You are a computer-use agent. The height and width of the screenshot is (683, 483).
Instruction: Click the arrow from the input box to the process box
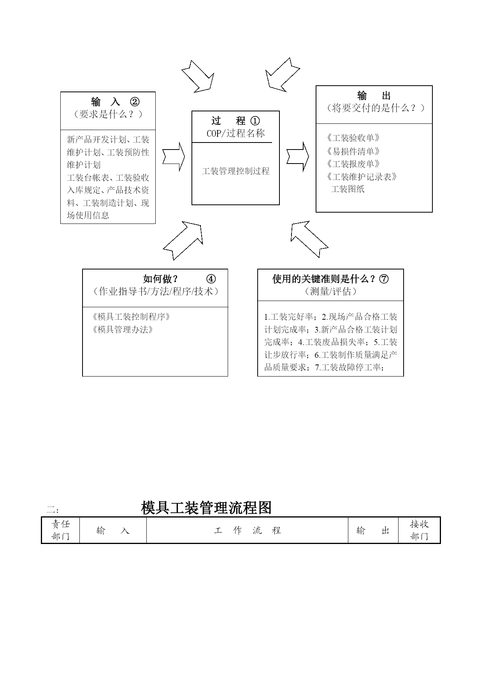(x=174, y=157)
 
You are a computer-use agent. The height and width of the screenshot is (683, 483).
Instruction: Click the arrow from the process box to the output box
(x=298, y=157)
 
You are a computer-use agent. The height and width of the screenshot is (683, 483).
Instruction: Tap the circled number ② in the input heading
(x=135, y=102)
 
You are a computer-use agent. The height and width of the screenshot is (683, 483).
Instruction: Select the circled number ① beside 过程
(x=255, y=121)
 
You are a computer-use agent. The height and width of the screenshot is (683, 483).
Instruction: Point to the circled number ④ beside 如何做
(x=211, y=279)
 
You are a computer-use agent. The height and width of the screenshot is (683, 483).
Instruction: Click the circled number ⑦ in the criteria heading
(x=384, y=279)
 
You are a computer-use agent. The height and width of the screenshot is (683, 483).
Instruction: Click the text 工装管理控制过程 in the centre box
(x=235, y=171)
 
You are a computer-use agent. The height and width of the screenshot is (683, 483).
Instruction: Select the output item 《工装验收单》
(x=353, y=138)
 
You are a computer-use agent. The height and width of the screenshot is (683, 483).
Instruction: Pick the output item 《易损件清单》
(x=353, y=151)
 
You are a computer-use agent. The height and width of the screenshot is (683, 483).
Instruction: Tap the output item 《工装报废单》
(x=353, y=164)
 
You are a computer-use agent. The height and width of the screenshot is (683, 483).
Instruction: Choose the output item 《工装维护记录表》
(x=362, y=177)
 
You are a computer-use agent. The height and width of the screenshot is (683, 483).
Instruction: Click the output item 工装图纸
(x=348, y=189)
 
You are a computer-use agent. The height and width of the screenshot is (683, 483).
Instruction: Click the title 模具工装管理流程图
(x=206, y=508)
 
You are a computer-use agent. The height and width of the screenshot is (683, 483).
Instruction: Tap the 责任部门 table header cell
(x=60, y=530)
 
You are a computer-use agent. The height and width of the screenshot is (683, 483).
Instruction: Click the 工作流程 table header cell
(x=247, y=530)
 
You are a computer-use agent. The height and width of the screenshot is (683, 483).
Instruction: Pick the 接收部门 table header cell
(x=419, y=530)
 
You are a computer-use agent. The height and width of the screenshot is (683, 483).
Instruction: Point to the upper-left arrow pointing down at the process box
(x=198, y=77)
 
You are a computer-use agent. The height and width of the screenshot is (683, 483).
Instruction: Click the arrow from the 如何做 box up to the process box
(x=183, y=240)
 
